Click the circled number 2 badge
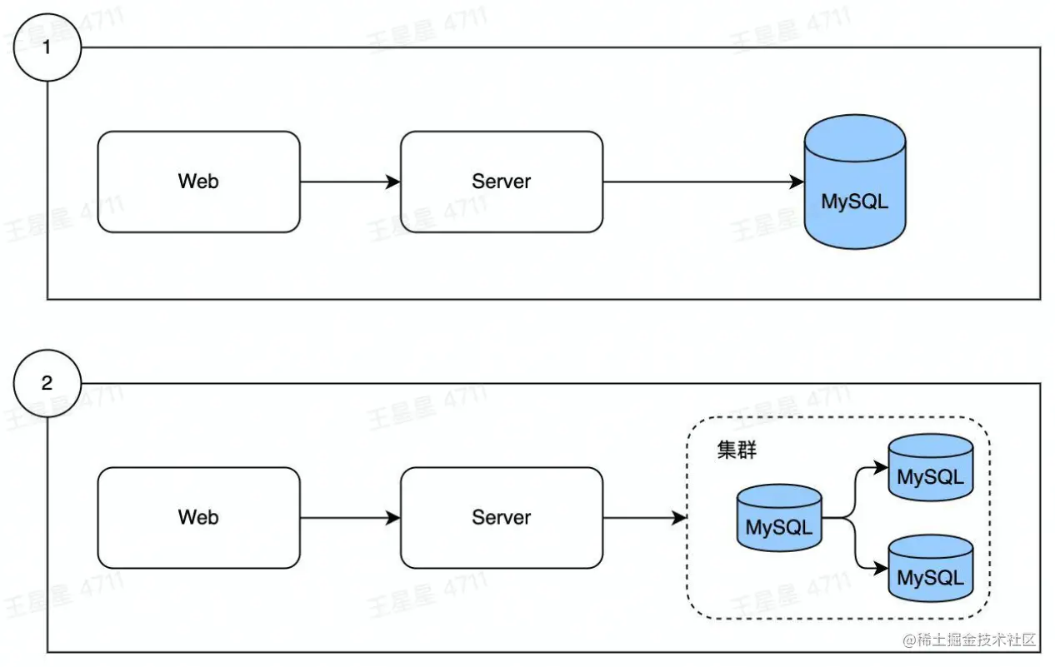coord(47,383)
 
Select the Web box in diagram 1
coord(198,182)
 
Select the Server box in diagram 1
coord(501,182)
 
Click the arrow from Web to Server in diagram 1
coord(350,182)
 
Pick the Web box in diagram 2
coord(198,517)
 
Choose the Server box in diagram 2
coord(501,517)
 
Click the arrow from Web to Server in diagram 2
coord(350,517)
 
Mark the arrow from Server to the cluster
coord(644,517)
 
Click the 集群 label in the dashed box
coord(737,450)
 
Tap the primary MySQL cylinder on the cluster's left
coord(779,518)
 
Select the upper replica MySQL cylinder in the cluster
coord(930,468)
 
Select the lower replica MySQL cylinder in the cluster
coord(930,569)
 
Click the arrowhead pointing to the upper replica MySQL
coord(882,467)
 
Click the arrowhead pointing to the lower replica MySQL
coord(882,569)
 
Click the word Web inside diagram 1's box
coord(198,182)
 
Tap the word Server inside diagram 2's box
coord(501,517)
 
